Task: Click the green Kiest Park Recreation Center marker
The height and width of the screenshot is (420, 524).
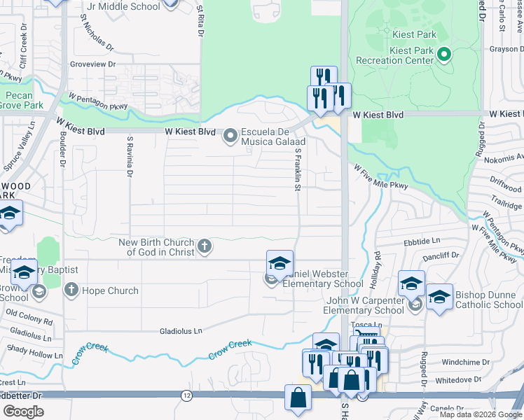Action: [443, 54]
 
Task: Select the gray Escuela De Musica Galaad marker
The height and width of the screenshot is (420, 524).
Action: [230, 136]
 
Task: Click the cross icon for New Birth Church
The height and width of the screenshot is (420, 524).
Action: [205, 246]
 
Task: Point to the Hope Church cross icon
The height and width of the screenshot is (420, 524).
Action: [71, 290]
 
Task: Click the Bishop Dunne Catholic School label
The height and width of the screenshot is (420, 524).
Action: [488, 300]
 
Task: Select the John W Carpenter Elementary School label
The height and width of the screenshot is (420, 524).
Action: [364, 306]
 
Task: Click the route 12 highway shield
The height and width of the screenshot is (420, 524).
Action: [186, 395]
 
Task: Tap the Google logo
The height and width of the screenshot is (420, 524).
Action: [23, 412]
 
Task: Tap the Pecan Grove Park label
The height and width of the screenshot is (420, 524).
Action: [20, 100]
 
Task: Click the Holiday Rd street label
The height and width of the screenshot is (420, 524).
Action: [375, 265]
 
